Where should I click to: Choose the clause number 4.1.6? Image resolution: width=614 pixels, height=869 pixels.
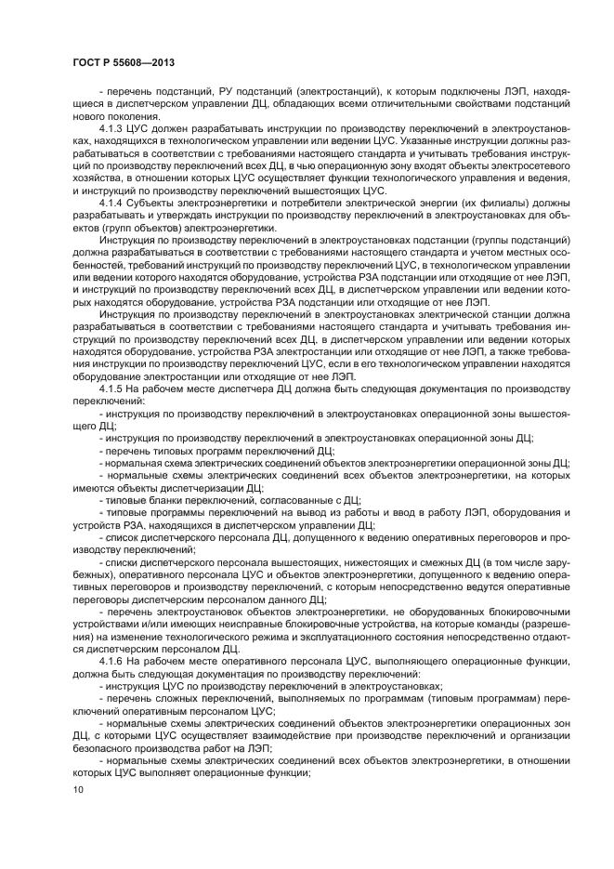point(113,660)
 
